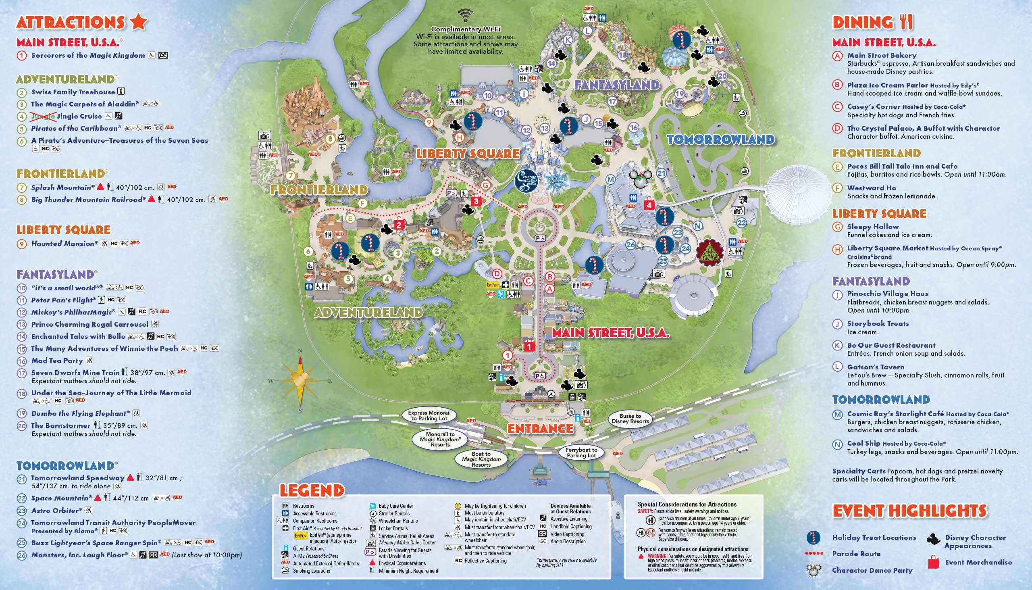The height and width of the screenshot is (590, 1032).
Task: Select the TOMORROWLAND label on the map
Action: coord(720,140)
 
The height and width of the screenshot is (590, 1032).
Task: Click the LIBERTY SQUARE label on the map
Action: coord(468,154)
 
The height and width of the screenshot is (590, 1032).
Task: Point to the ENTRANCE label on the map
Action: coord(540,429)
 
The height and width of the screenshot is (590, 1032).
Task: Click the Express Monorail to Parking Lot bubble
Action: coord(429,415)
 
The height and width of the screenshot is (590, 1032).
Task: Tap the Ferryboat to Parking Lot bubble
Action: coord(582,452)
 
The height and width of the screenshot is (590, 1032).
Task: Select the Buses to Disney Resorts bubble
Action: coord(630,419)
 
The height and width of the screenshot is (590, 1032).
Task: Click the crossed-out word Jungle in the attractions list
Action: coord(43,116)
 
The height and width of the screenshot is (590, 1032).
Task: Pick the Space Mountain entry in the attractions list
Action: coord(60,498)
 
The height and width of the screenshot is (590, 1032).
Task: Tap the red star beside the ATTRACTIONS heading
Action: coord(138,22)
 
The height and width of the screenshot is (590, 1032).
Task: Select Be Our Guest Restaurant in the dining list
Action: coord(891,345)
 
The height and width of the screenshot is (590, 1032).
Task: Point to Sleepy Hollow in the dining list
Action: coord(873,227)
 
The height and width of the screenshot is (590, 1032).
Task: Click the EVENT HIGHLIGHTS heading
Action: coord(909,511)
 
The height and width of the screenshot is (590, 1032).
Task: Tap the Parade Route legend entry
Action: coord(856,554)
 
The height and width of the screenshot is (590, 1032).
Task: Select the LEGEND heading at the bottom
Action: coord(312,491)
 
